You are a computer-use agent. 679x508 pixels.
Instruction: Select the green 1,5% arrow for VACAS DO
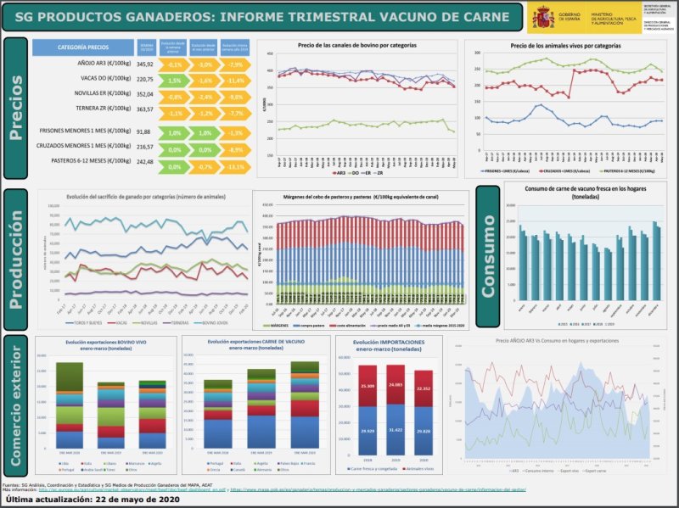point(175,80)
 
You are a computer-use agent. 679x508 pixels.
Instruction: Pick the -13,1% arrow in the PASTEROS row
point(236,166)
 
